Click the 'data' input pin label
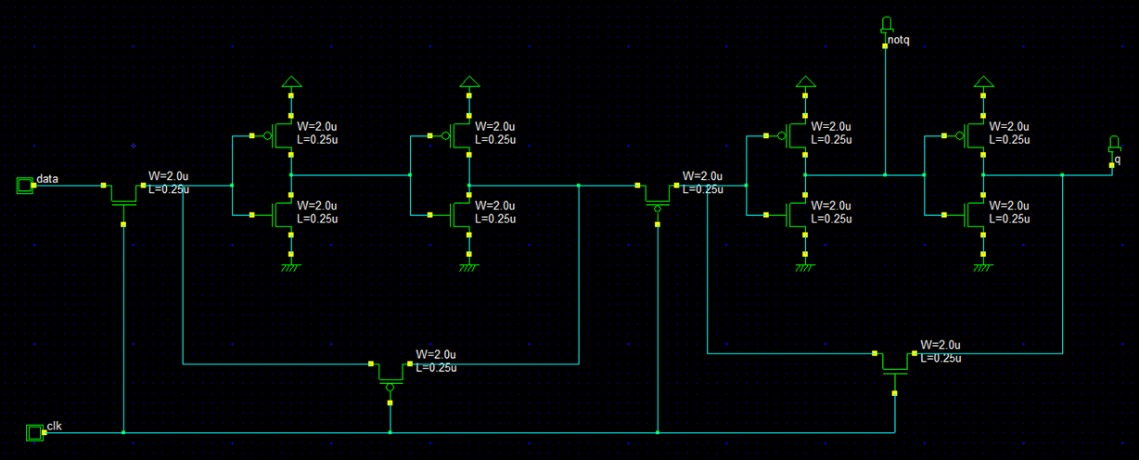(x=47, y=178)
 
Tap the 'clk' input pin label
(x=53, y=426)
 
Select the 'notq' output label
(x=899, y=41)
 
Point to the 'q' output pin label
(x=1117, y=160)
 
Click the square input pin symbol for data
(x=24, y=185)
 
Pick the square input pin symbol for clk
(x=34, y=432)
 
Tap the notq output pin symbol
(x=886, y=23)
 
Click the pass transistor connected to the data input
(x=123, y=193)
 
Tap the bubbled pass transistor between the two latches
(x=657, y=194)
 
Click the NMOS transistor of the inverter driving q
(x=974, y=215)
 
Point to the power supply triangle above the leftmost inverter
(x=290, y=81)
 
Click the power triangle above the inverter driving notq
(x=805, y=81)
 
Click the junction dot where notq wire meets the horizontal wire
(x=886, y=174)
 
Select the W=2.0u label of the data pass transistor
(x=168, y=176)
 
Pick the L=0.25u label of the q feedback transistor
(x=941, y=358)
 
